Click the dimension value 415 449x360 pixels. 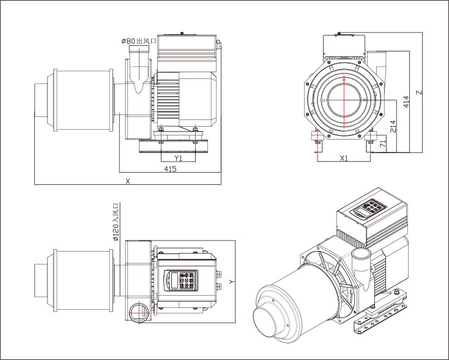[x=171, y=168]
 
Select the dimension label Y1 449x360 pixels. [x=178, y=157]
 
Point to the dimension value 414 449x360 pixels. [x=407, y=102]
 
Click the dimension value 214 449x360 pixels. [x=393, y=127]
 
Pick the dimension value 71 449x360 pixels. [x=382, y=144]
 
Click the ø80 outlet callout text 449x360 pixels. [x=139, y=40]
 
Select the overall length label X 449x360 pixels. [x=127, y=181]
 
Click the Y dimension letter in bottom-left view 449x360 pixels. [x=231, y=281]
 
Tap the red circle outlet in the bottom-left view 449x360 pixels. [x=138, y=311]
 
